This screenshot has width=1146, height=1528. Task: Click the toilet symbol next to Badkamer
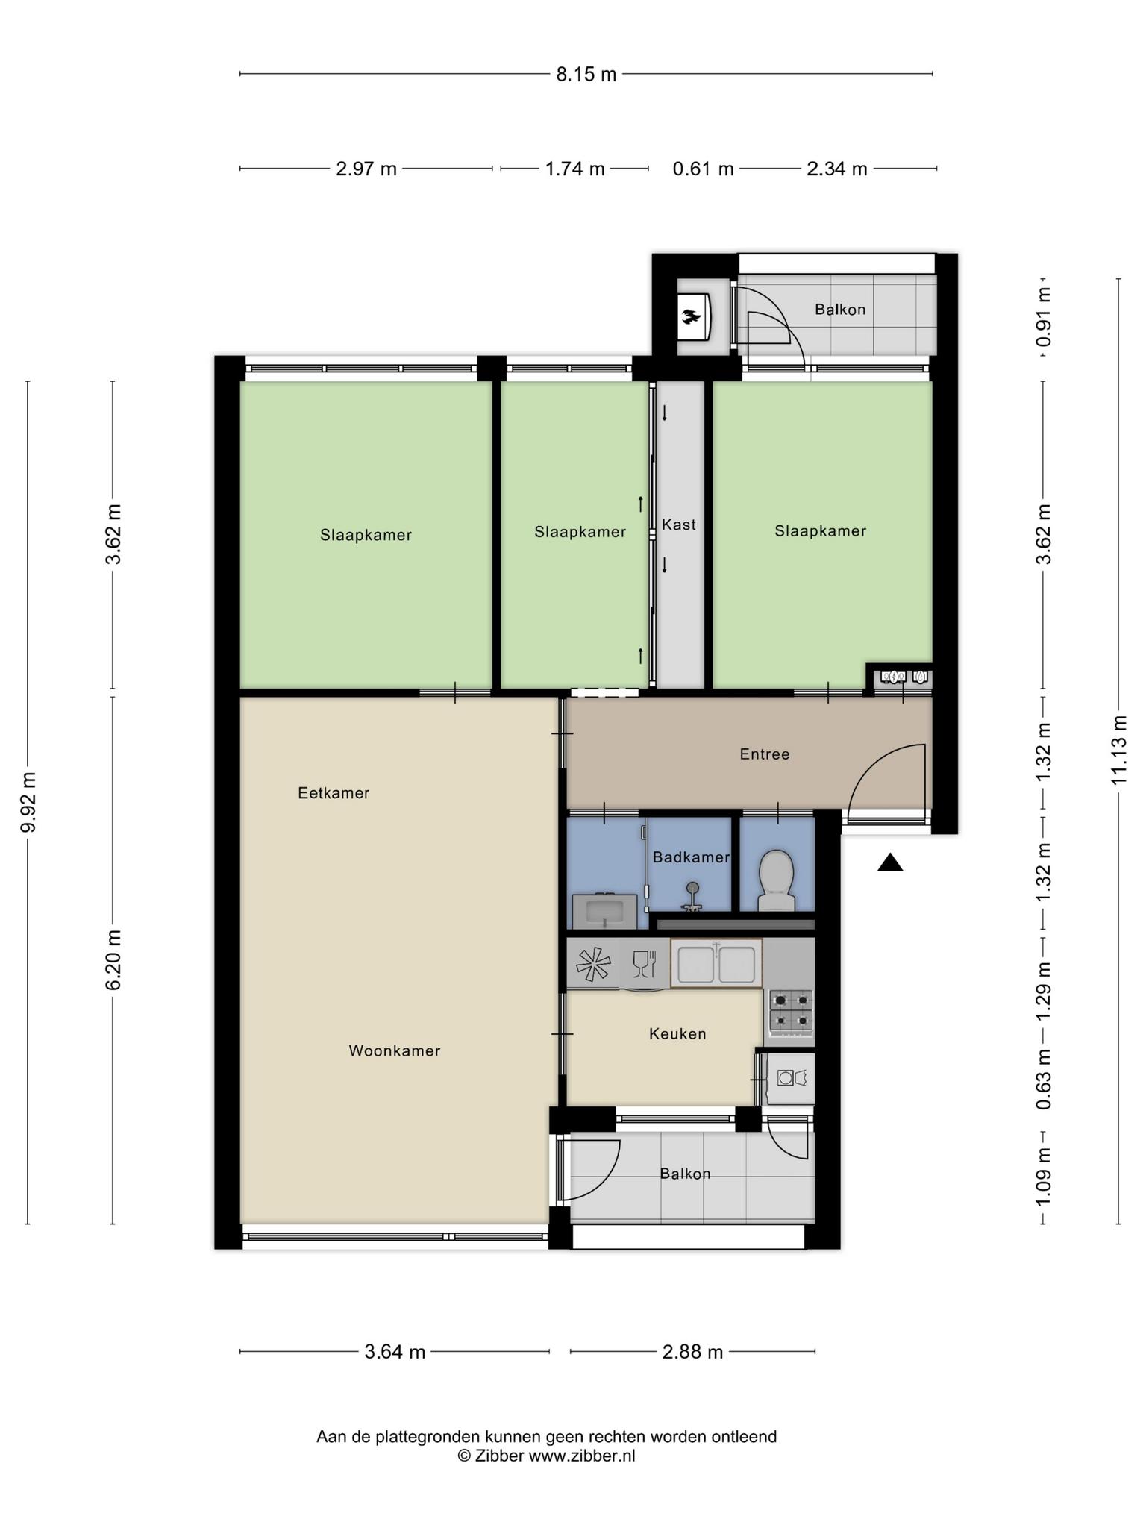[777, 880]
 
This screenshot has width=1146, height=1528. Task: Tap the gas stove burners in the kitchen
[790, 1011]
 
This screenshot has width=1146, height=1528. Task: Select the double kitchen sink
[716, 963]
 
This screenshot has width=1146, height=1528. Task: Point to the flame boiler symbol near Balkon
[692, 317]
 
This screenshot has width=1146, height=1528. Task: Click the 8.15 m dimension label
[586, 74]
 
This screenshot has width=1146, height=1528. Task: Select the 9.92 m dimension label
[28, 802]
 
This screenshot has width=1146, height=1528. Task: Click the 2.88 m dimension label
[692, 1352]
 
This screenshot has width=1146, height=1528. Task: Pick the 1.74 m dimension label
[574, 169]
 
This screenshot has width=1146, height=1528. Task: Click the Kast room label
[679, 525]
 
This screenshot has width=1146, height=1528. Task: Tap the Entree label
[765, 754]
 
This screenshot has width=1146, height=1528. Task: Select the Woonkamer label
[395, 1051]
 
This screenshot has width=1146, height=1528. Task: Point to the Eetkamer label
[334, 793]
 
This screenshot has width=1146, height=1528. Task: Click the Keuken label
[677, 1034]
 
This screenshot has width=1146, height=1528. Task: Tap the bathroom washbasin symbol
[605, 911]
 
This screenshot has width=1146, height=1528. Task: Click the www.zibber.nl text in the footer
[582, 1456]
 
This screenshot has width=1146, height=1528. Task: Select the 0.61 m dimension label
[704, 169]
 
